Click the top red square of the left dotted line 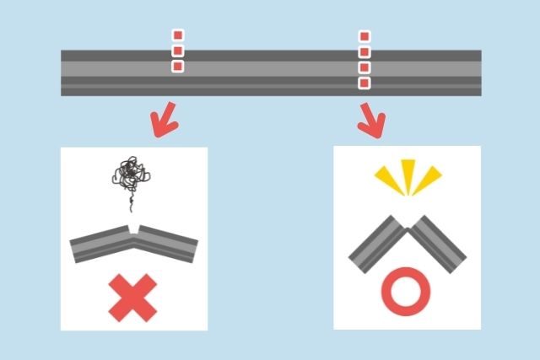tap(178, 35)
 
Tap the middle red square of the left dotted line tap(178, 51)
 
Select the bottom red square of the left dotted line tap(178, 66)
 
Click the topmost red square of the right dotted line tap(364, 37)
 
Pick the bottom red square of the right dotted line tap(364, 83)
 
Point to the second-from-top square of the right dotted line tap(364, 52)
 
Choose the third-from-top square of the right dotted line tap(364, 67)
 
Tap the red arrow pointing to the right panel tap(370, 121)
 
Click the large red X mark tap(132, 299)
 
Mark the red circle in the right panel tap(406, 292)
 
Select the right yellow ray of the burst tap(429, 177)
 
